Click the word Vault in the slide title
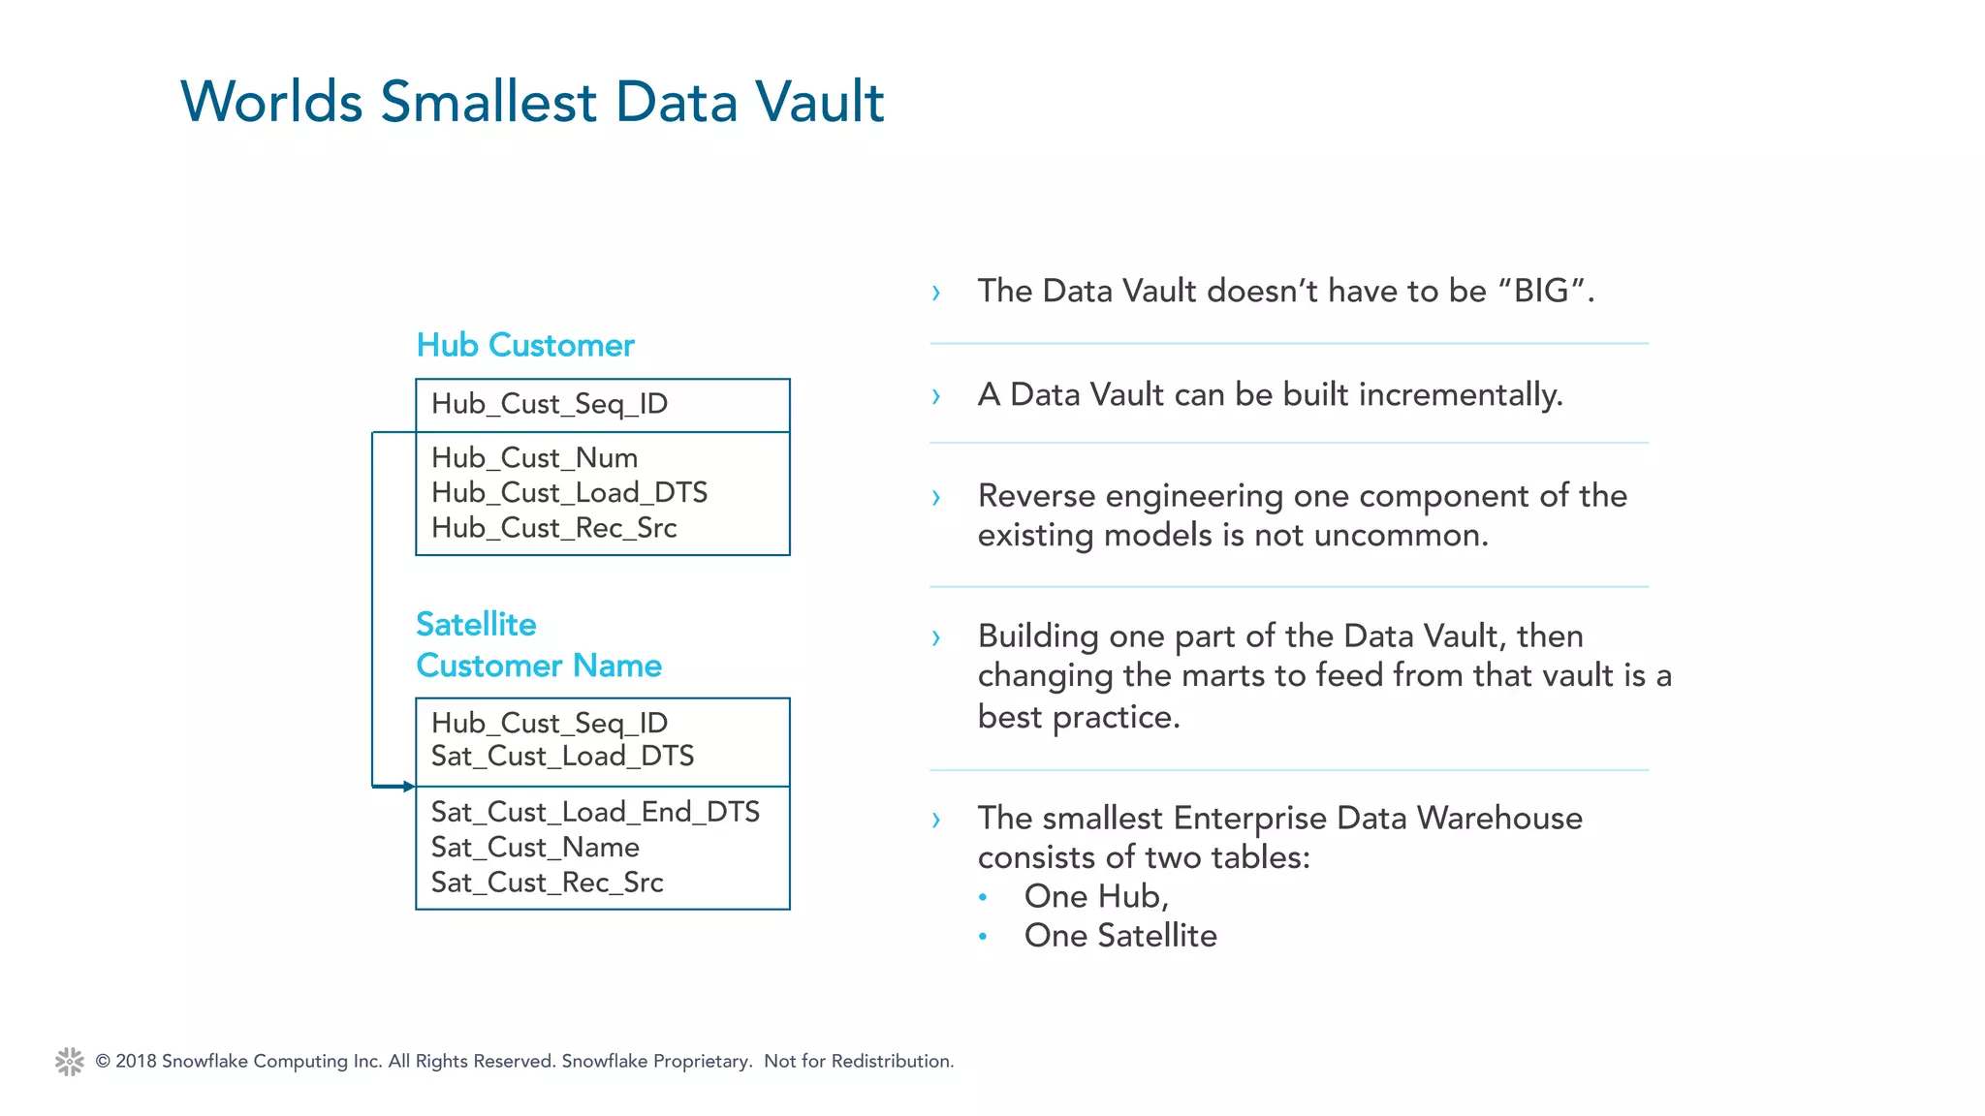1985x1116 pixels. pyautogui.click(x=819, y=102)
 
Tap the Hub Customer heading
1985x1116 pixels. pyautogui.click(x=524, y=345)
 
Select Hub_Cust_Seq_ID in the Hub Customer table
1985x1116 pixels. pyautogui.click(x=549, y=404)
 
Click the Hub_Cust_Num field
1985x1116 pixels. pyautogui.click(x=534, y=457)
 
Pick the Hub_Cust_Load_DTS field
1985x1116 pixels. pyautogui.click(x=569, y=492)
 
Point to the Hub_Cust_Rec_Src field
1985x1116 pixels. pyautogui.click(x=553, y=528)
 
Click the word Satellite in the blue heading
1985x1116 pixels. pyautogui.click(x=476, y=624)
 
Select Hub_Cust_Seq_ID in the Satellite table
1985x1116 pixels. pyautogui.click(x=549, y=723)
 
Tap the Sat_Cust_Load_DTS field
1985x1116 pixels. pyautogui.click(x=562, y=756)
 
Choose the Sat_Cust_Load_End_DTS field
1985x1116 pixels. pyautogui.click(x=595, y=812)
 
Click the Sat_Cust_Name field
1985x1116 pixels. pyautogui.click(x=535, y=848)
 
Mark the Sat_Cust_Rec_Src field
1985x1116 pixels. pyautogui.click(x=547, y=883)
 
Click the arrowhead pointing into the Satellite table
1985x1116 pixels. pyautogui.click(x=408, y=787)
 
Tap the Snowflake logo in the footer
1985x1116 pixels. pyautogui.click(x=70, y=1061)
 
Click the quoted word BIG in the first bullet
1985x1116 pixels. pyautogui.click(x=1541, y=291)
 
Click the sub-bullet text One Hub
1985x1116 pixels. pyautogui.click(x=1095, y=896)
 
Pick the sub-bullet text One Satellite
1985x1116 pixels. pyautogui.click(x=1119, y=936)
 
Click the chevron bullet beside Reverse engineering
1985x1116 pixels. pyautogui.click(x=935, y=498)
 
